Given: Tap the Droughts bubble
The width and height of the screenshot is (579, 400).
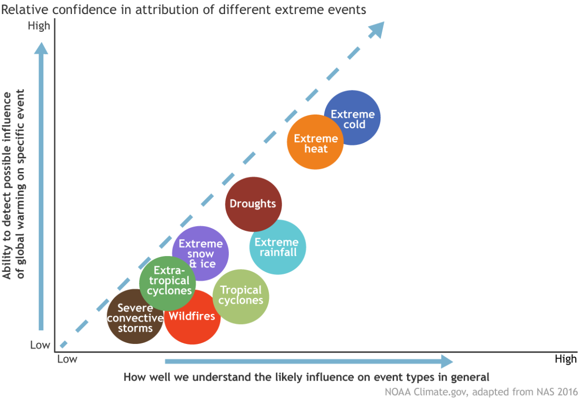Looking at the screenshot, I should tap(254, 204).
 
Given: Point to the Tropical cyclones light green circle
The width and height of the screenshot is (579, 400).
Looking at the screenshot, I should tap(241, 296).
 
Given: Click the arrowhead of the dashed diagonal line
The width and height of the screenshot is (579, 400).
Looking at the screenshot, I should tap(377, 29).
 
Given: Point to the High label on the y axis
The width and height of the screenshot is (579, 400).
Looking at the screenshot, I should tap(39, 26).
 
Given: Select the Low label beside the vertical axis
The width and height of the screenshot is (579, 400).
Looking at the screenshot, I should tap(40, 345).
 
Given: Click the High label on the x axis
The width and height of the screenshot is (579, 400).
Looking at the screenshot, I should tap(565, 359).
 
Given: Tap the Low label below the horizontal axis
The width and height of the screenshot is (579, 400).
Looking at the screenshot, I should tap(67, 359).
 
